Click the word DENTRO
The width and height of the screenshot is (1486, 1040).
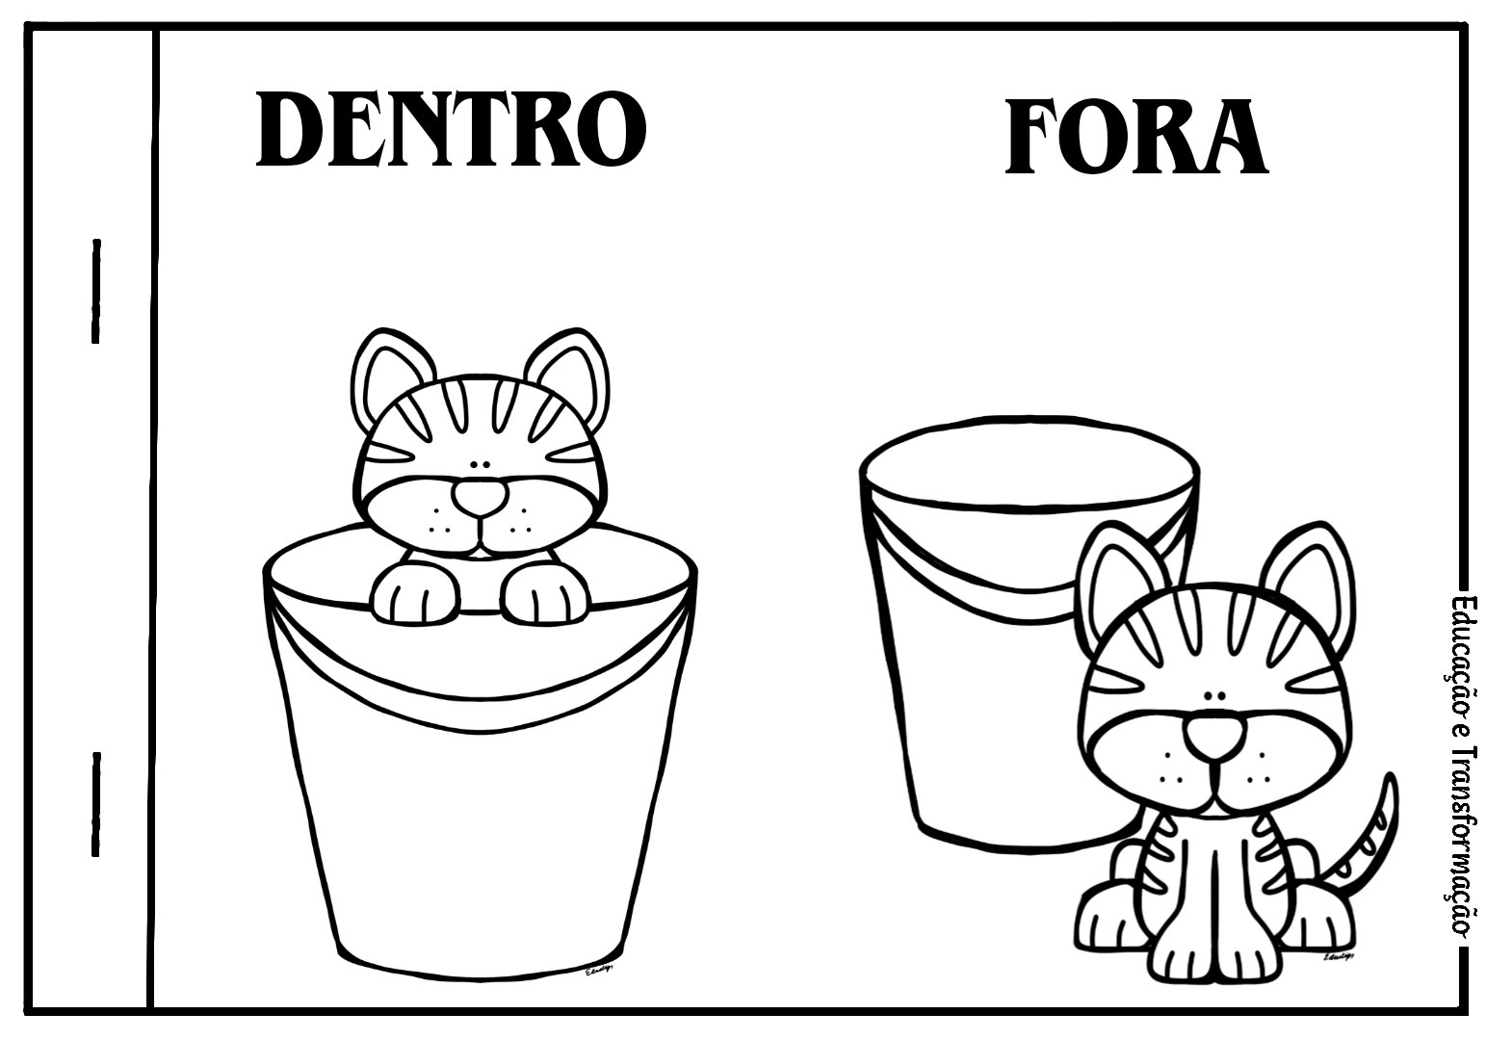coord(451,129)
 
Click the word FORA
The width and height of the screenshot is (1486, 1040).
coord(1136,137)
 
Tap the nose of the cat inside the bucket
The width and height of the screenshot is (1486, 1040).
coord(481,498)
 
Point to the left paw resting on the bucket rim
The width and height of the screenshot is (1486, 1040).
coord(415,592)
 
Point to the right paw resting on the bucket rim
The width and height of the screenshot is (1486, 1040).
coord(545,592)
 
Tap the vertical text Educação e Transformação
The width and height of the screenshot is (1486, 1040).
coord(1459,766)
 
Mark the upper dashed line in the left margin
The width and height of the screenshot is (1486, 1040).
coord(96,291)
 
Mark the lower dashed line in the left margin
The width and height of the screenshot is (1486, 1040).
coord(96,804)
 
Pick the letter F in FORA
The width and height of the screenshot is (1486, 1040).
coord(1035,137)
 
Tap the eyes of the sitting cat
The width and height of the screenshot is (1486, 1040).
coord(1216,696)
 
